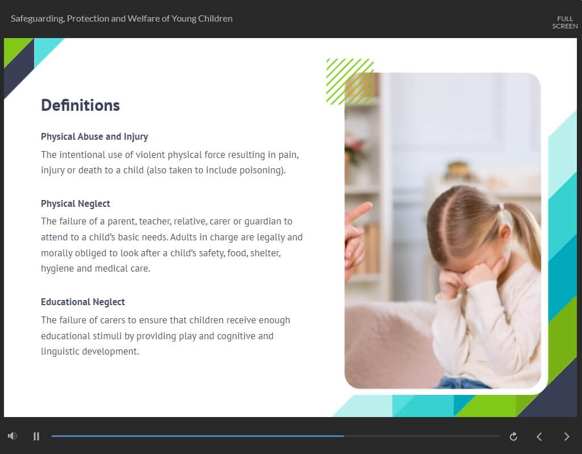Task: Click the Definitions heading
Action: coord(80,106)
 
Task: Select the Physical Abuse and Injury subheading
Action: coord(94,137)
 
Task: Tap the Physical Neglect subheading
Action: coord(76,204)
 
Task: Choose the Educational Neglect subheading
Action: coord(83,302)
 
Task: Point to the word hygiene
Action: coord(57,269)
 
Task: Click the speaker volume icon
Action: coord(13,436)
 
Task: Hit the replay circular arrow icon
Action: coord(513,436)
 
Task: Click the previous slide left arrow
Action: coord(539,436)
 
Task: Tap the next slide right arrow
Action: coord(567,436)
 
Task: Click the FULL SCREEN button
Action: coord(564,22)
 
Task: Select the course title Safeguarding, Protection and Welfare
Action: coord(122,19)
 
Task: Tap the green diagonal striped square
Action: coord(350,82)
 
